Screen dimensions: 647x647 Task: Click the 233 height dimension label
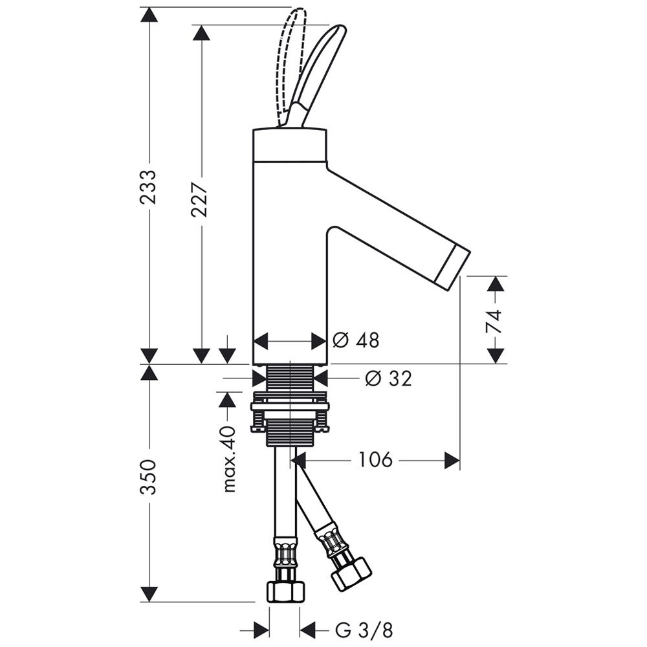point(149,187)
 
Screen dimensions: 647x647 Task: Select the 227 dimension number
point(201,199)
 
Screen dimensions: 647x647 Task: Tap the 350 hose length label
point(149,477)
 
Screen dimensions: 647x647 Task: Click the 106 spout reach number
point(375,460)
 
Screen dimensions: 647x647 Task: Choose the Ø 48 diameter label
point(356,340)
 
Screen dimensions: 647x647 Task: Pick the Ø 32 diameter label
point(388,378)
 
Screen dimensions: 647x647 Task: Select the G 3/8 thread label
point(364,629)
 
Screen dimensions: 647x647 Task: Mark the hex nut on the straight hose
point(285,591)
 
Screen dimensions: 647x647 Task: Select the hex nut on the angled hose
point(351,573)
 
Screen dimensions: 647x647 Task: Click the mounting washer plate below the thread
point(289,407)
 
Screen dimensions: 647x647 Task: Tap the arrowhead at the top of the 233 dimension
point(149,14)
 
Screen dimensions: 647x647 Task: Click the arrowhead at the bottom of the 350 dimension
point(149,594)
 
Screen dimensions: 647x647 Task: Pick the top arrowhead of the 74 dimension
point(496,284)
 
